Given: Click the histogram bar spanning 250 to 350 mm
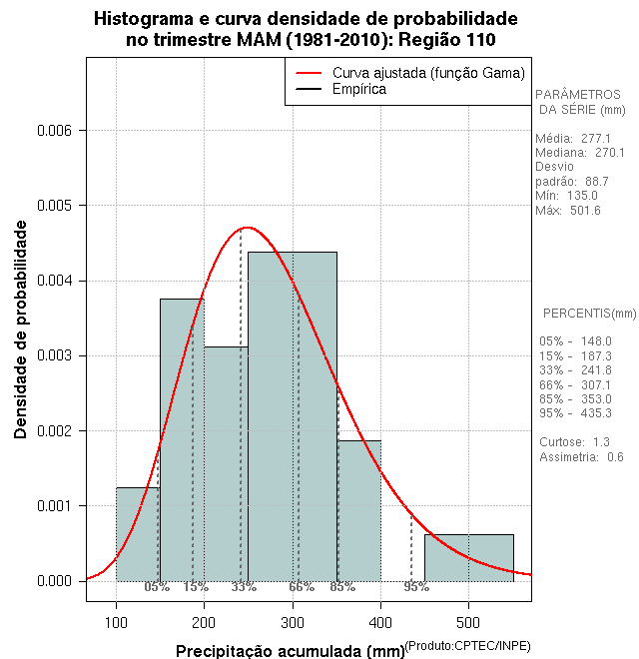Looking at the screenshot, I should [x=293, y=419].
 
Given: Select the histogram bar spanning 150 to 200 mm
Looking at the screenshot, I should [x=182, y=439].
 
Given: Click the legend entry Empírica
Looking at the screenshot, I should [x=360, y=90].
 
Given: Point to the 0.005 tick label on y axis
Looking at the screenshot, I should [x=56, y=206].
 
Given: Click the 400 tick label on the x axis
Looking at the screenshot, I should [x=380, y=625].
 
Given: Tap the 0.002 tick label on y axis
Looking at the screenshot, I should [x=56, y=430].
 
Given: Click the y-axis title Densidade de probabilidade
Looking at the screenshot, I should [x=21, y=330].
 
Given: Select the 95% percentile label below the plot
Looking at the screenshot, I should [x=416, y=587].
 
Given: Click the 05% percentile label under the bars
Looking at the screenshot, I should [x=157, y=587].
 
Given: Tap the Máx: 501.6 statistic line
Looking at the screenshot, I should [x=568, y=211].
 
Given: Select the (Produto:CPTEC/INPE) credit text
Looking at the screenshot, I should [x=468, y=646].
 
